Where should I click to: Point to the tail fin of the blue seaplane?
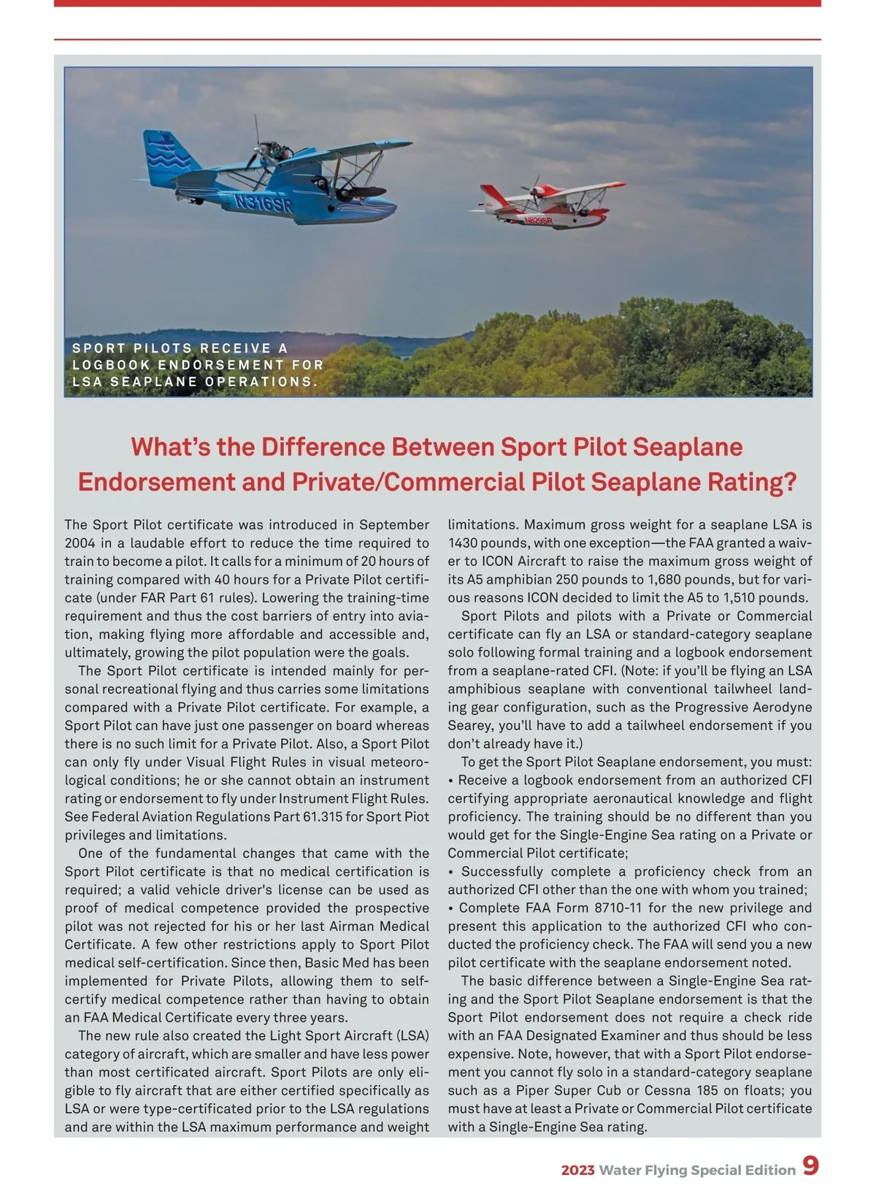point(168,158)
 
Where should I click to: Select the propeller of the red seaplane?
point(534,188)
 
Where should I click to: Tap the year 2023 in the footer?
point(577,1170)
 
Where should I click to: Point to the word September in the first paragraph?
point(394,525)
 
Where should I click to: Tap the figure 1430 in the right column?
point(463,543)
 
